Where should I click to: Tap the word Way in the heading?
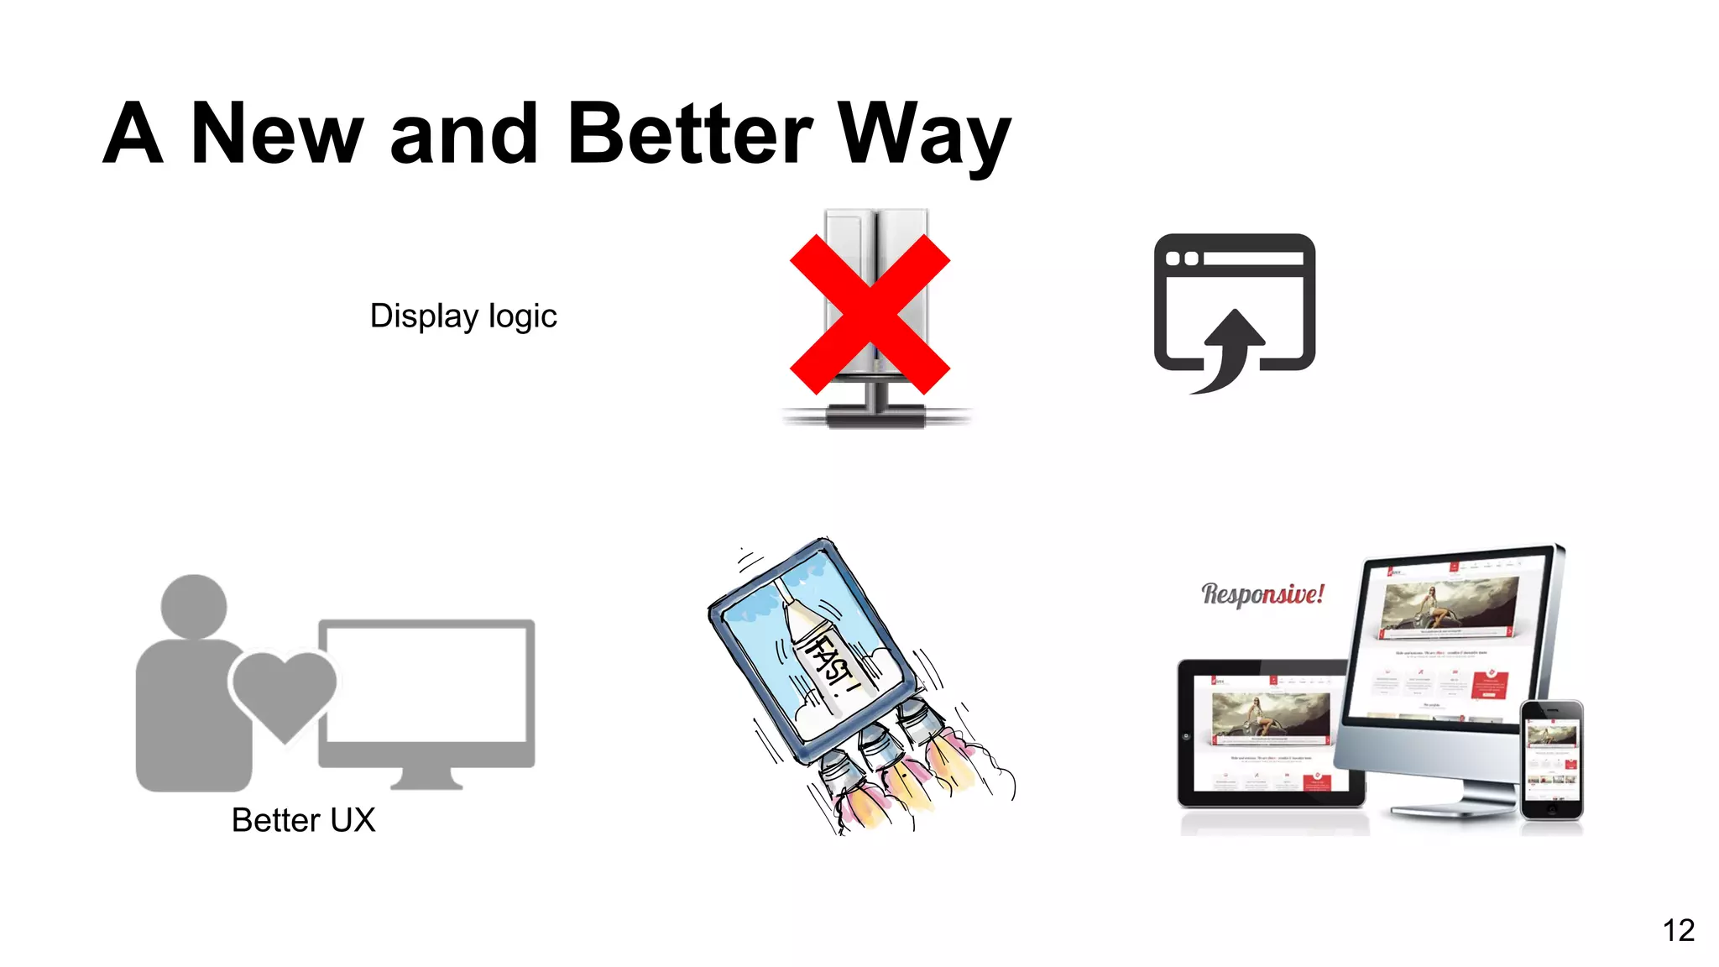923,134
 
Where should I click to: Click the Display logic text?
463,316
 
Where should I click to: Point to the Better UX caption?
303,820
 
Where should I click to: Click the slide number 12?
1678,930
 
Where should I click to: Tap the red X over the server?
870,314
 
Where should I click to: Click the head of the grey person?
194,606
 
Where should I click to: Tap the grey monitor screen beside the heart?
426,684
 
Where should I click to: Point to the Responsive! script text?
1262,594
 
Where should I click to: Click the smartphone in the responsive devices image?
1551,760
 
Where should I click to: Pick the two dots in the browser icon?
1182,259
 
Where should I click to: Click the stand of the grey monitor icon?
426,778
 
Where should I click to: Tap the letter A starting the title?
133,134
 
